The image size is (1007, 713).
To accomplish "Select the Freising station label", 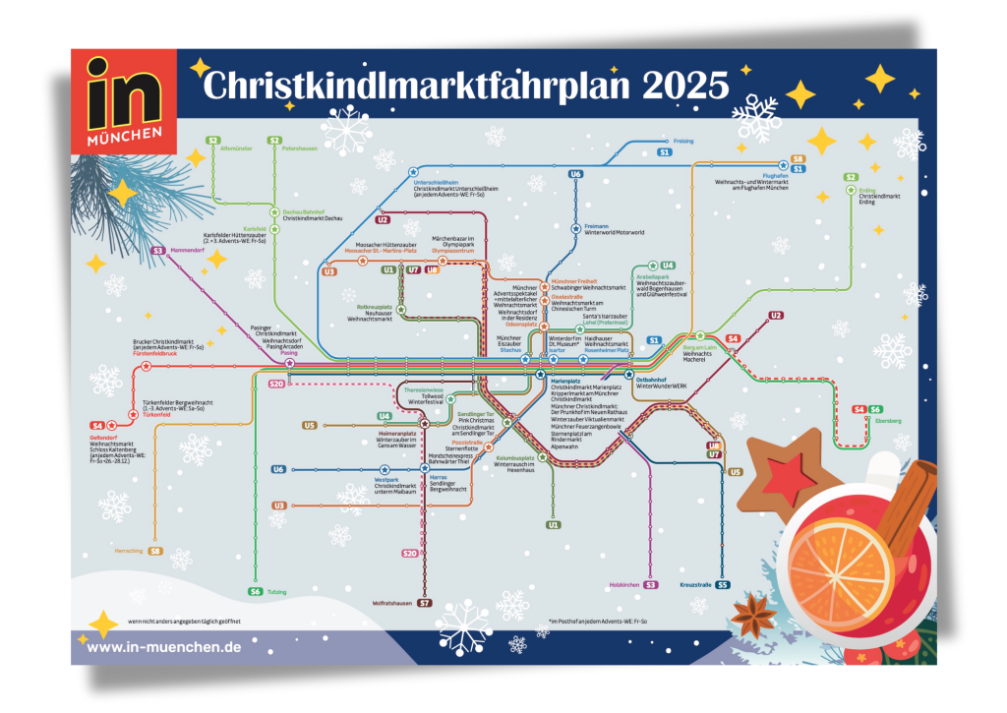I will (682, 141).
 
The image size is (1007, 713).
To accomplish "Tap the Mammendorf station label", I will (187, 251).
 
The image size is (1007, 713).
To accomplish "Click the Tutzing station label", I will (276, 592).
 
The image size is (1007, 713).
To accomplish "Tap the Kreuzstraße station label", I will (695, 585).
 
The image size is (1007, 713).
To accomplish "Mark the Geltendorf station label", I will (103, 437).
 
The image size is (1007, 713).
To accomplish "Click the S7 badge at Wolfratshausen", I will (425, 603).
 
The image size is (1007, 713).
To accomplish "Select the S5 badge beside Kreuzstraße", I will (723, 585).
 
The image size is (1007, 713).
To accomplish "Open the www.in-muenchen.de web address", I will (163, 647).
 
